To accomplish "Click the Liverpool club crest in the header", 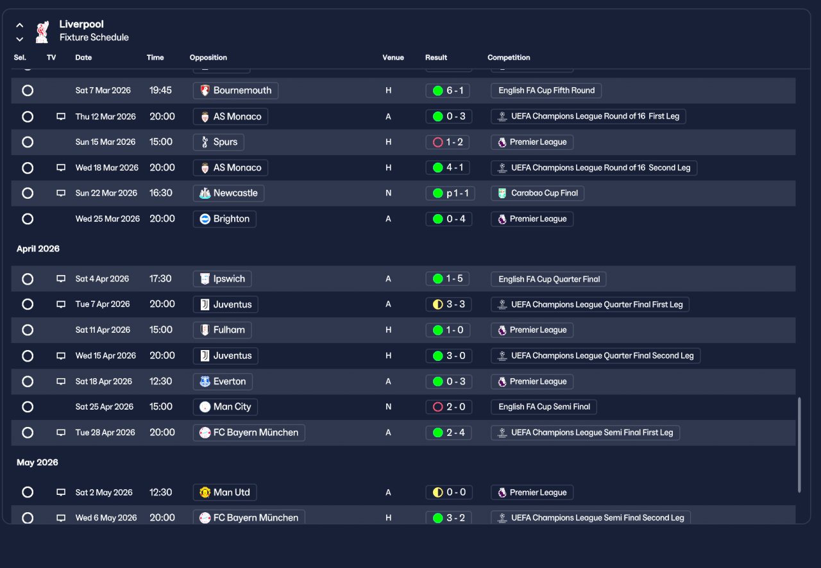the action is point(42,32).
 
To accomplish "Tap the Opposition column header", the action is point(208,58).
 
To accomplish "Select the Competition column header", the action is point(509,58).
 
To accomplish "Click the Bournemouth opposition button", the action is point(235,90).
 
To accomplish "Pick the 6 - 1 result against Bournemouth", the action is point(448,90).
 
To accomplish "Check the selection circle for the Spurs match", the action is point(28,142).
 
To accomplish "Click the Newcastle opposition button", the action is point(228,193).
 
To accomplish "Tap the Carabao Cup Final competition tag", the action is point(537,193).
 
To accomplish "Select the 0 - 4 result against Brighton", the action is point(448,219).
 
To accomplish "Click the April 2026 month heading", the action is point(38,249).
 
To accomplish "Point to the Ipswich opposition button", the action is point(222,279).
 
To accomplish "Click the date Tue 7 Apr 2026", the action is point(103,304).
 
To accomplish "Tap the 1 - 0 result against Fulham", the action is point(448,330).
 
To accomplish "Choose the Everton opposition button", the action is point(223,381).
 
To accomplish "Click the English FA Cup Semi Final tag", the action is point(544,406).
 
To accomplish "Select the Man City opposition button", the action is point(225,406).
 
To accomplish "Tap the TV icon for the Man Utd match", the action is point(61,492).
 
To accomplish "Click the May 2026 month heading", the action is point(37,462).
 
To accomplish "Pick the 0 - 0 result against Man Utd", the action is point(449,492).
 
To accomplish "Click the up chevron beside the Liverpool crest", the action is point(20,25).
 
